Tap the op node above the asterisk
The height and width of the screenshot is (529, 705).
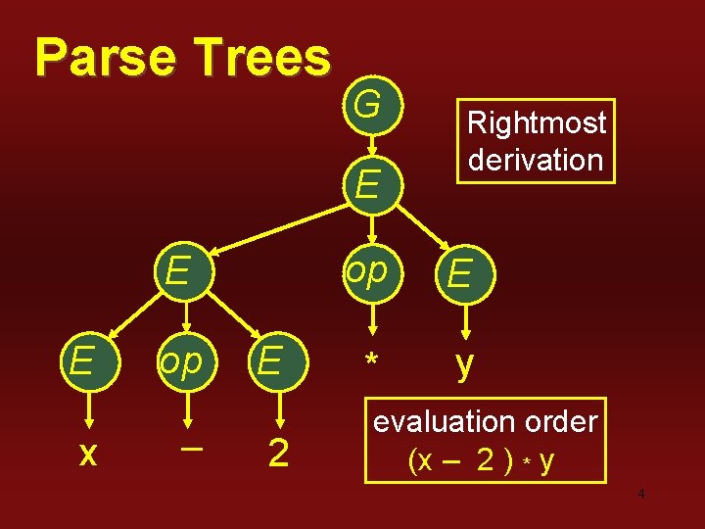coord(367,271)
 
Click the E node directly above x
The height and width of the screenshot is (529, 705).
coord(81,361)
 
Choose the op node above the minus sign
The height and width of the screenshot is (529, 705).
coord(180,361)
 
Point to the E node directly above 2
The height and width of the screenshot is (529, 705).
coord(271,361)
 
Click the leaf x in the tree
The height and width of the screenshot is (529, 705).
coord(87,453)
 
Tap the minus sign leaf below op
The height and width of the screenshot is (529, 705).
coord(193,448)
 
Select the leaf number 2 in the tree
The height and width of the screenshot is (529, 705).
coord(278,454)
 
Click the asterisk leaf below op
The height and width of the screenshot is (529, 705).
coord(371,363)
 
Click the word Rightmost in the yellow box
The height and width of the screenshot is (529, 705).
coord(537,123)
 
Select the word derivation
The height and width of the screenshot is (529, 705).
coord(536,159)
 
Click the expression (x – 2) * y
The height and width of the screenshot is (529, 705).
coord(482,458)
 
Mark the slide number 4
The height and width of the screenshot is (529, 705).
coord(640,494)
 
